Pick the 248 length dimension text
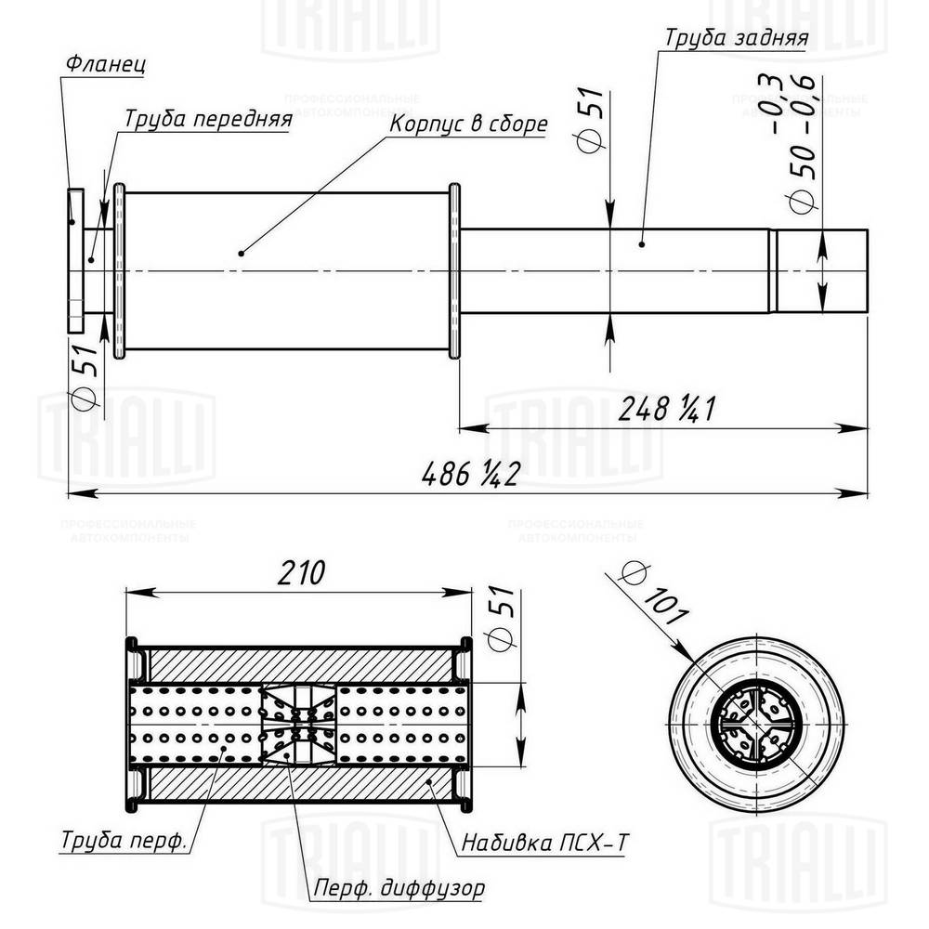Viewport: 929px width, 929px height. pos(663,408)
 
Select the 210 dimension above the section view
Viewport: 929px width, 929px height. pos(298,573)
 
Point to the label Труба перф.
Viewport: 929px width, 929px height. pos(123,841)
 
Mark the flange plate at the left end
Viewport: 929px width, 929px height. pos(75,262)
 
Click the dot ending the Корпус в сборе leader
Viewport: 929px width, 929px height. pos(241,252)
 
